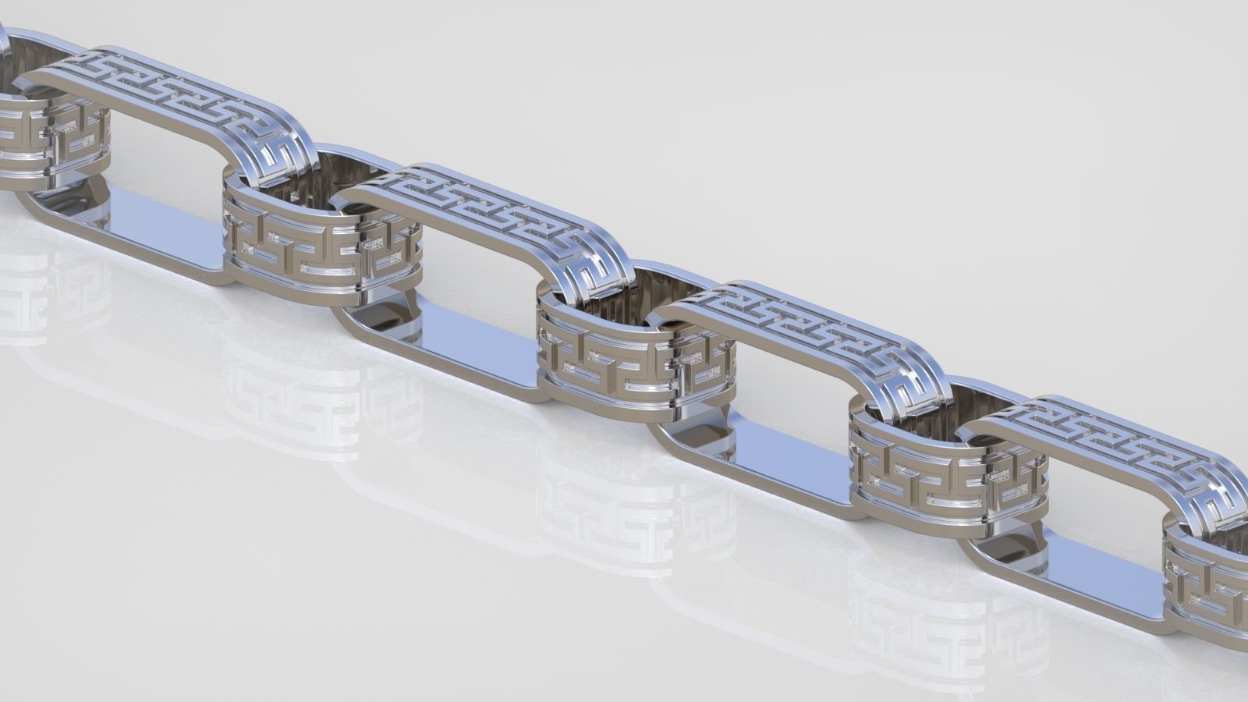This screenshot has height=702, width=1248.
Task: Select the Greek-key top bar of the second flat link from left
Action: pos(484,206)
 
